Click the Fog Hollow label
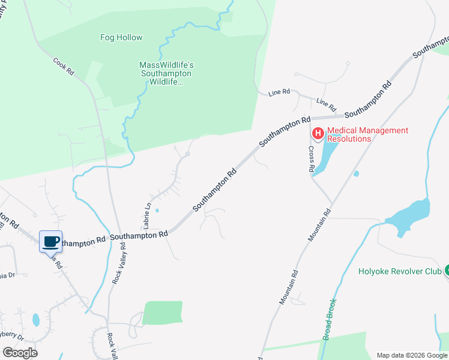(x=121, y=38)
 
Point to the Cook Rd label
(x=63, y=66)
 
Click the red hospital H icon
(x=318, y=133)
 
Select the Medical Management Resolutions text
(x=368, y=134)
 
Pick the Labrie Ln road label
(x=146, y=214)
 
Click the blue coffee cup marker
(x=51, y=242)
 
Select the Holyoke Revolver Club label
(x=400, y=271)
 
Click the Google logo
(x=20, y=353)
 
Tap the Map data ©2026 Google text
(x=412, y=355)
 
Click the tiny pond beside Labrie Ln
(x=157, y=211)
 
